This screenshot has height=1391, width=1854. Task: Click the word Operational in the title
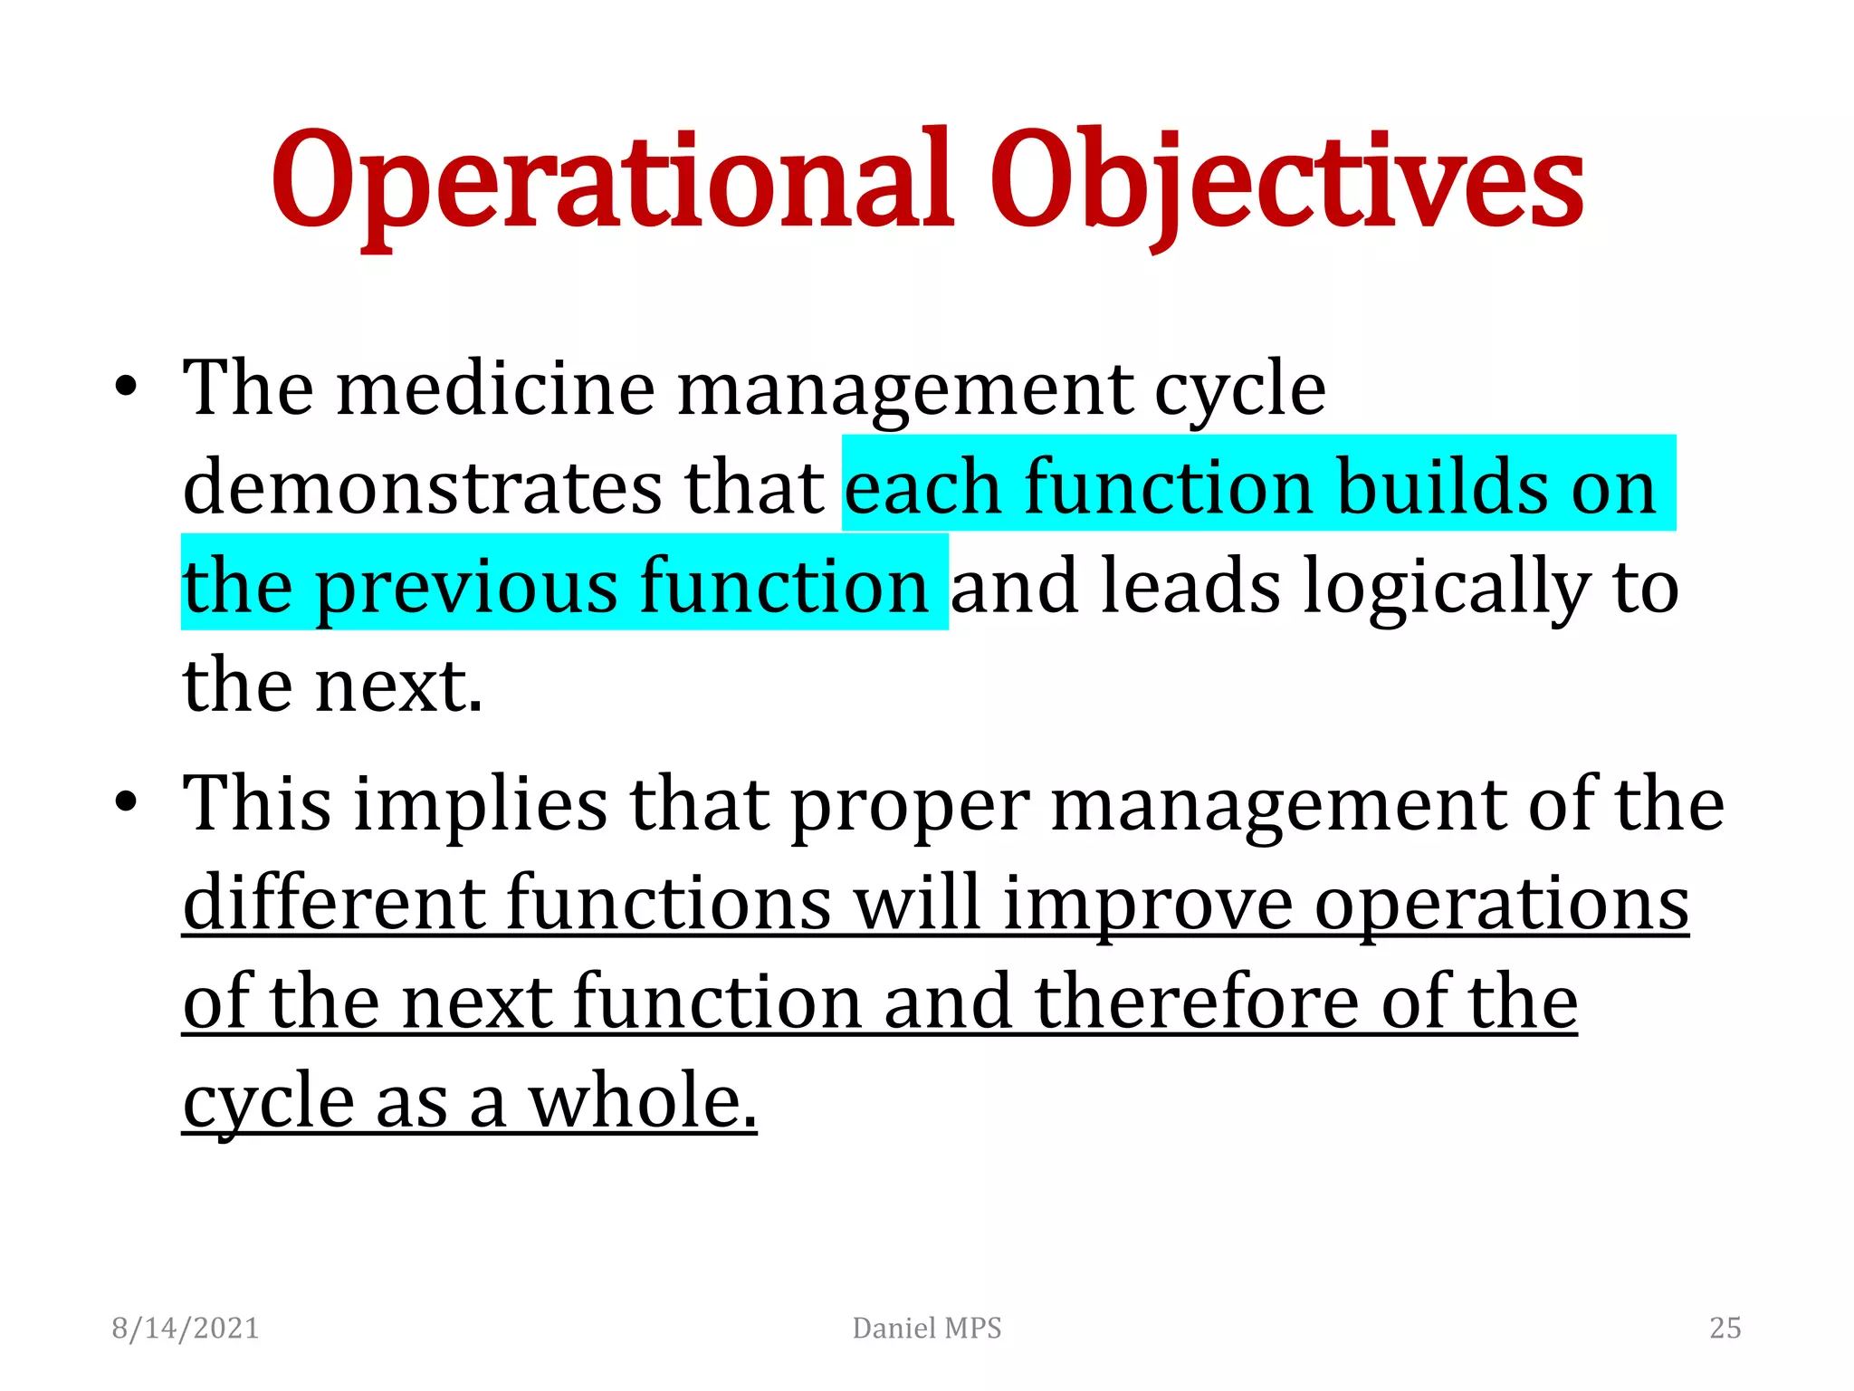(612, 181)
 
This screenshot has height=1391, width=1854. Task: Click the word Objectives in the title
(1285, 181)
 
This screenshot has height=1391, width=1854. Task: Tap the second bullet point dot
(126, 802)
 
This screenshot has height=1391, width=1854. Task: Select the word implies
(480, 806)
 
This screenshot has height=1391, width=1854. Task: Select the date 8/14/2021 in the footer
(186, 1328)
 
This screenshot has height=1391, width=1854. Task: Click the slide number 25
(1725, 1328)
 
